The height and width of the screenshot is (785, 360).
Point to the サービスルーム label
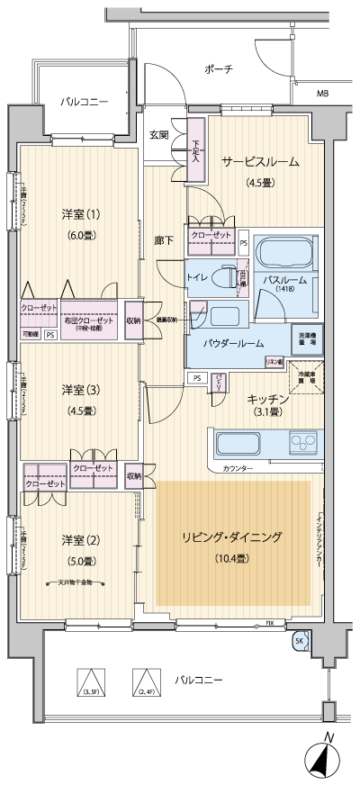tap(260, 163)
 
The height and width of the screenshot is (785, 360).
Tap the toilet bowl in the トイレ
tap(224, 278)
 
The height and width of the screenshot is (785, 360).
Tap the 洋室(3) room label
tap(77, 389)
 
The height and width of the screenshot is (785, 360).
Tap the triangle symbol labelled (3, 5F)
tap(90, 680)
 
